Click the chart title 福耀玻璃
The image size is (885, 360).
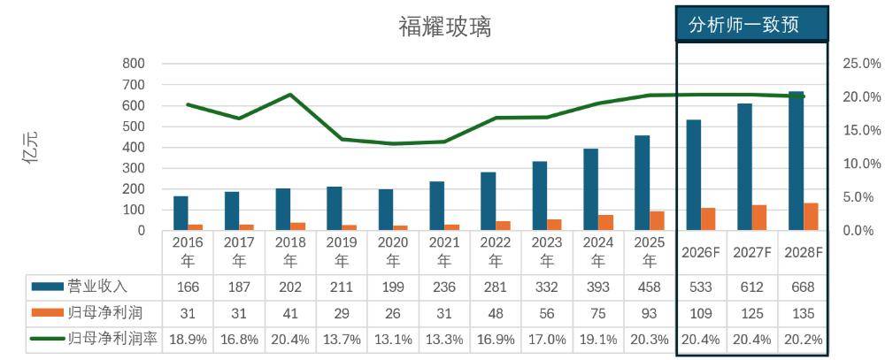pyautogui.click(x=444, y=27)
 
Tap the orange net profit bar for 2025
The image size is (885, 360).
pyautogui.click(x=658, y=220)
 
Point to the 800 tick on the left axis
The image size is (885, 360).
pyautogui.click(x=134, y=64)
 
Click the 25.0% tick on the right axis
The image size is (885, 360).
pyautogui.click(x=860, y=64)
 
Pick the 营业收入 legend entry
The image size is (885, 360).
pyautogui.click(x=97, y=286)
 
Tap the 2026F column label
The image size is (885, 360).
pyautogui.click(x=701, y=252)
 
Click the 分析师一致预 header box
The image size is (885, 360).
pyautogui.click(x=751, y=24)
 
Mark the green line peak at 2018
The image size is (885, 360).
pyautogui.click(x=290, y=95)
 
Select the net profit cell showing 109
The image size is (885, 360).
pyautogui.click(x=701, y=312)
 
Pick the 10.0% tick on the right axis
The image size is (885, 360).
pyautogui.click(x=860, y=164)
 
